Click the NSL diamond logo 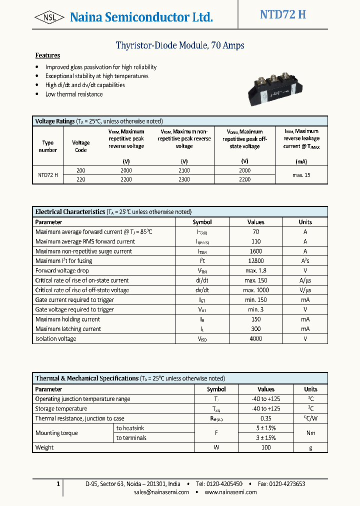pos(49,17)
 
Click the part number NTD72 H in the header pos(282,14)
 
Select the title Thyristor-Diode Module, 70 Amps pos(180,45)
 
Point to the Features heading pos(47,55)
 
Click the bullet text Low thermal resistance pos(74,94)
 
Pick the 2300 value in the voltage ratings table pos(184,179)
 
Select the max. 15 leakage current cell pos(301,175)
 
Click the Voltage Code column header pos(80,146)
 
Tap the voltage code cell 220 pos(80,179)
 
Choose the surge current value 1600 pos(255,251)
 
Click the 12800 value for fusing pos(255,261)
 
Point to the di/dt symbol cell pos(202,280)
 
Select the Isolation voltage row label pos(56,339)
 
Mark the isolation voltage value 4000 pos(255,339)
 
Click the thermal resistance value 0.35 pos(266,418)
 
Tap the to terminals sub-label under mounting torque pos(131,438)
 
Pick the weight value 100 pos(266,447)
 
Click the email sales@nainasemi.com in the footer pos(161,492)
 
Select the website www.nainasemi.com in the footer pos(230,492)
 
